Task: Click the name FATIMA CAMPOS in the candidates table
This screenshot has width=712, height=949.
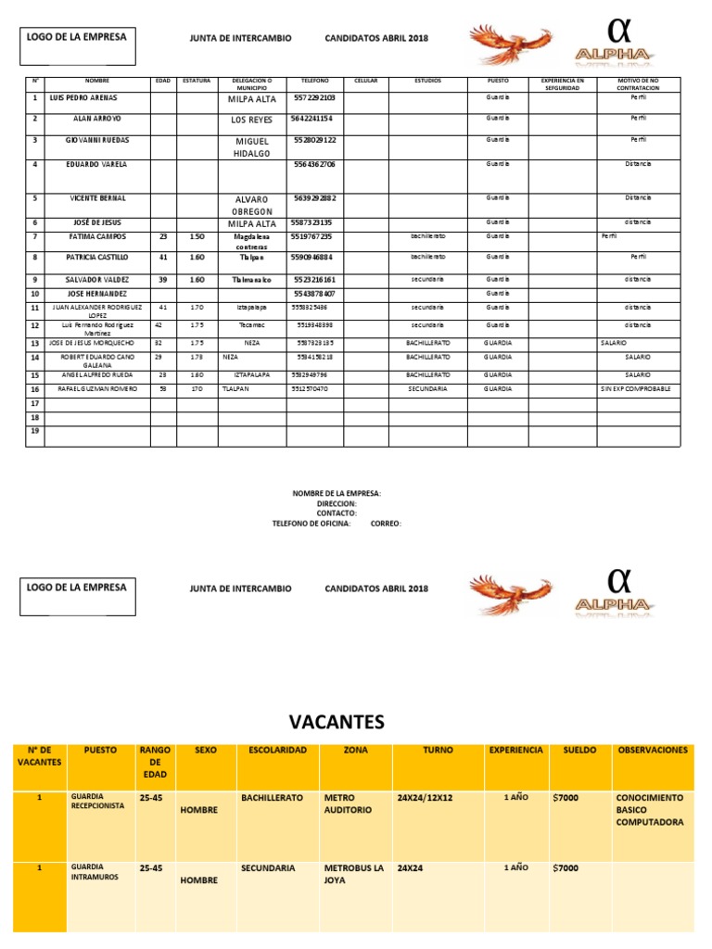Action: (96, 236)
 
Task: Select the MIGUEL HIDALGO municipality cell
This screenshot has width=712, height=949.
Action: (250, 146)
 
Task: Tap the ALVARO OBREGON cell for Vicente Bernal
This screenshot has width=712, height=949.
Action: (250, 205)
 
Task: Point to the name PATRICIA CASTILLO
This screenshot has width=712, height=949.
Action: (96, 257)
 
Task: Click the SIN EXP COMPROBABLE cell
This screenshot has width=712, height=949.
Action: (635, 389)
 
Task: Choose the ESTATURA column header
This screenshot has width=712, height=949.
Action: (197, 82)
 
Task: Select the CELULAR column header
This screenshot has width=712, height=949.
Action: (365, 82)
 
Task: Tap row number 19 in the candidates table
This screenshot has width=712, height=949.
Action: (35, 431)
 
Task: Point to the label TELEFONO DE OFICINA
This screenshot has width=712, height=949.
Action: (311, 523)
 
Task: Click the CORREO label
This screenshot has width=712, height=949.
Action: (386, 523)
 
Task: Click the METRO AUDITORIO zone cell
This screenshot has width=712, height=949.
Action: (349, 803)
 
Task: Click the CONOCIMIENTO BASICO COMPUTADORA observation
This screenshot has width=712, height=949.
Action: (650, 809)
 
